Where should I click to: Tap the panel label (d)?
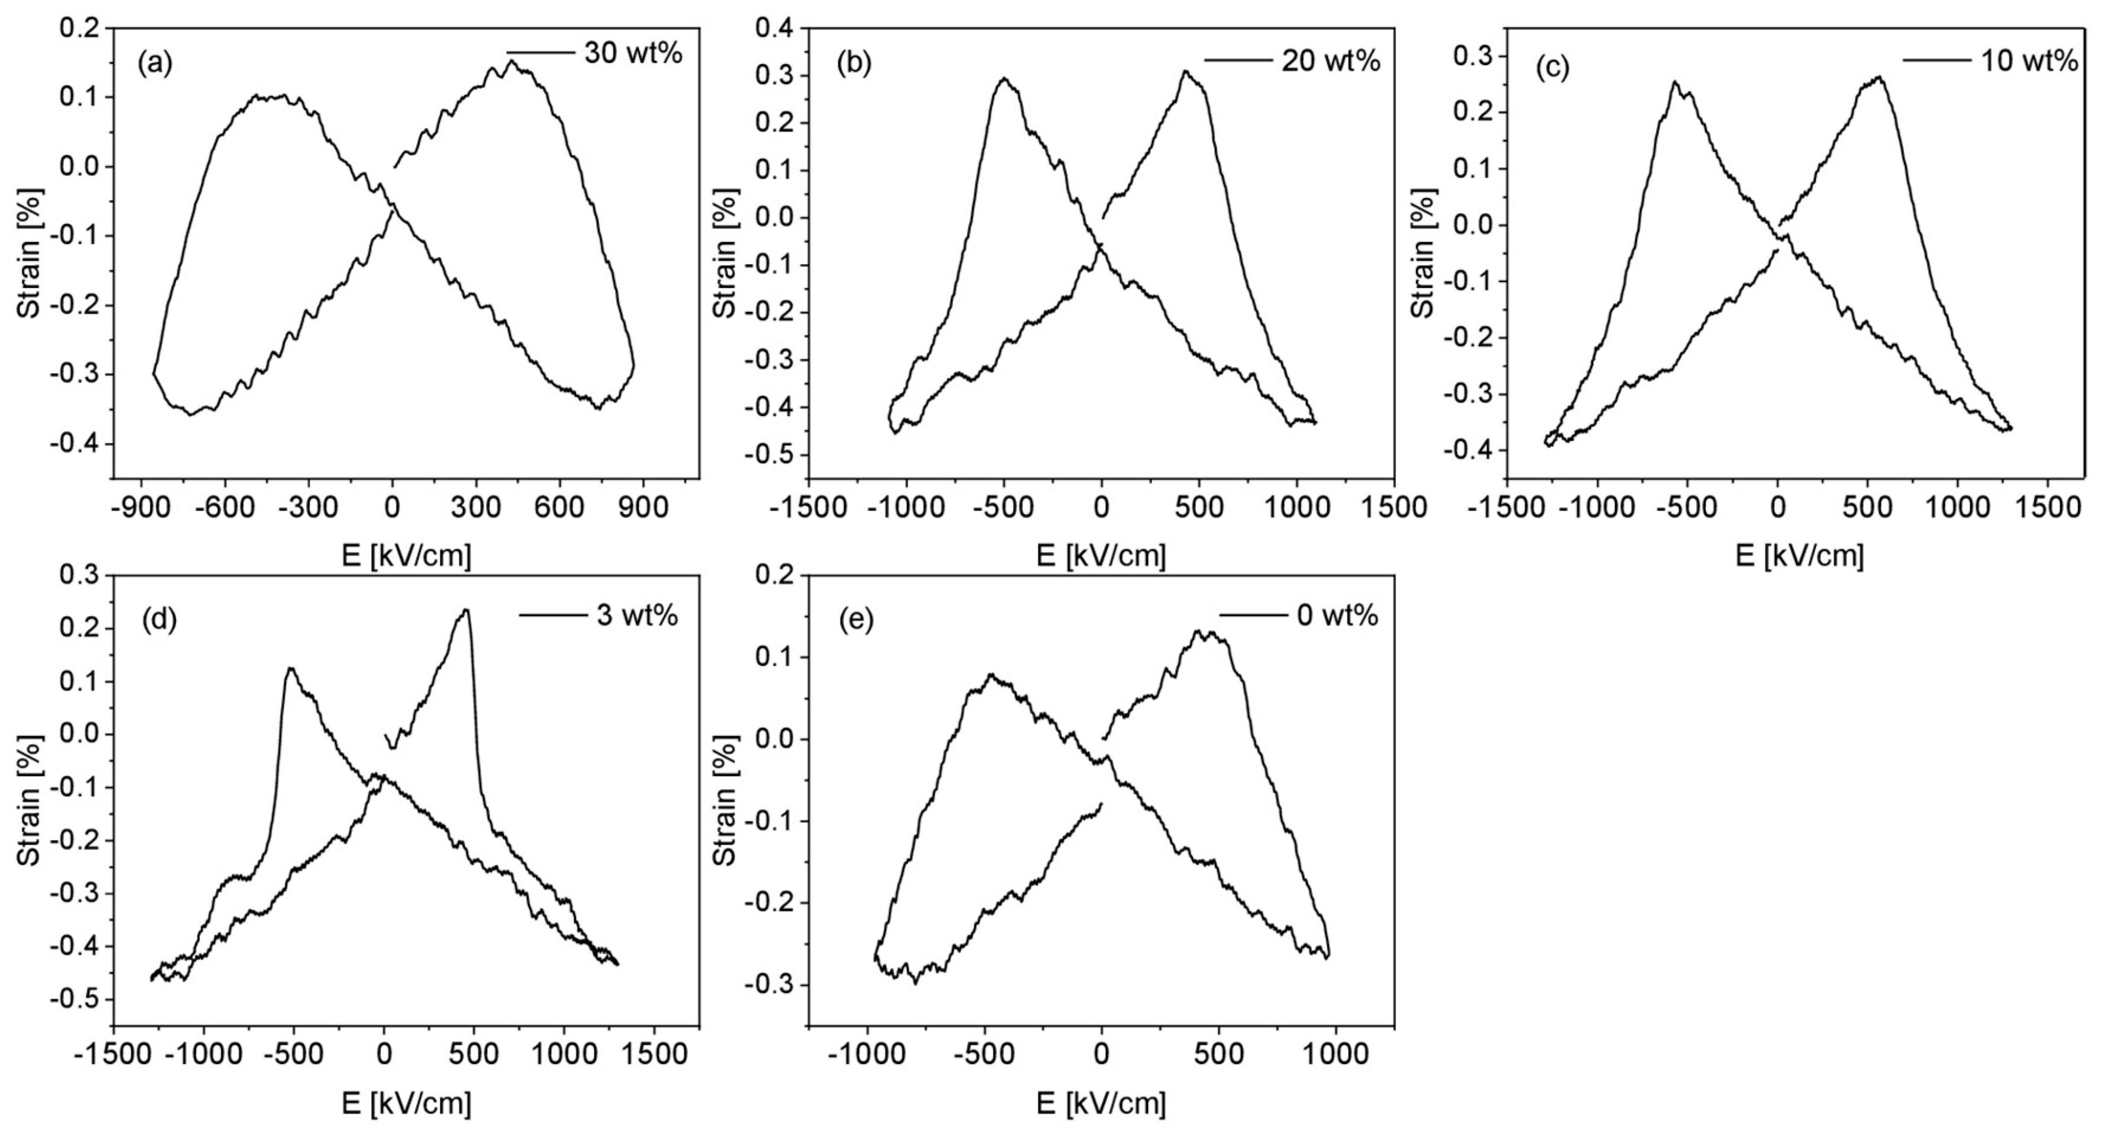pos(159,620)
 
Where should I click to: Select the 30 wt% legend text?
pos(632,53)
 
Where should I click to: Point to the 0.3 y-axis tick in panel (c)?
pos(1473,56)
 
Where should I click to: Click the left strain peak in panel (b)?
pos(1003,79)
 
